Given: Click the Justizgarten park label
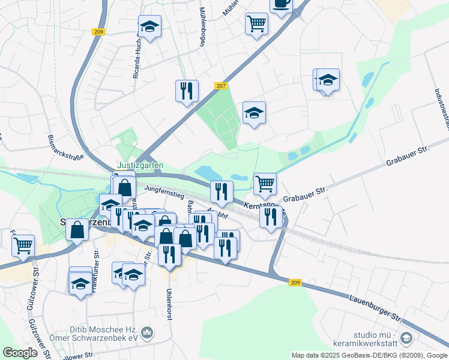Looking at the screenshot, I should [139, 166].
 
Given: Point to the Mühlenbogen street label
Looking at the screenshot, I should [202, 27].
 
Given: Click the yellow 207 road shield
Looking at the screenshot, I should [221, 86].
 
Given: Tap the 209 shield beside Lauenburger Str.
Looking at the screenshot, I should [295, 283].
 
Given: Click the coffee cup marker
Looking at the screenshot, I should [280, 5].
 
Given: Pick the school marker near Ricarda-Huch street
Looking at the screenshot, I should [149, 26].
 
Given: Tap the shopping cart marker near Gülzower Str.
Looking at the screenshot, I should [23, 245].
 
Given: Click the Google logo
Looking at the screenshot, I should [20, 352].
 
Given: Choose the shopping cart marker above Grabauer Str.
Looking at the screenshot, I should [265, 184].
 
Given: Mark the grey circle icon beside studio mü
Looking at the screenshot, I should [406, 338].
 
